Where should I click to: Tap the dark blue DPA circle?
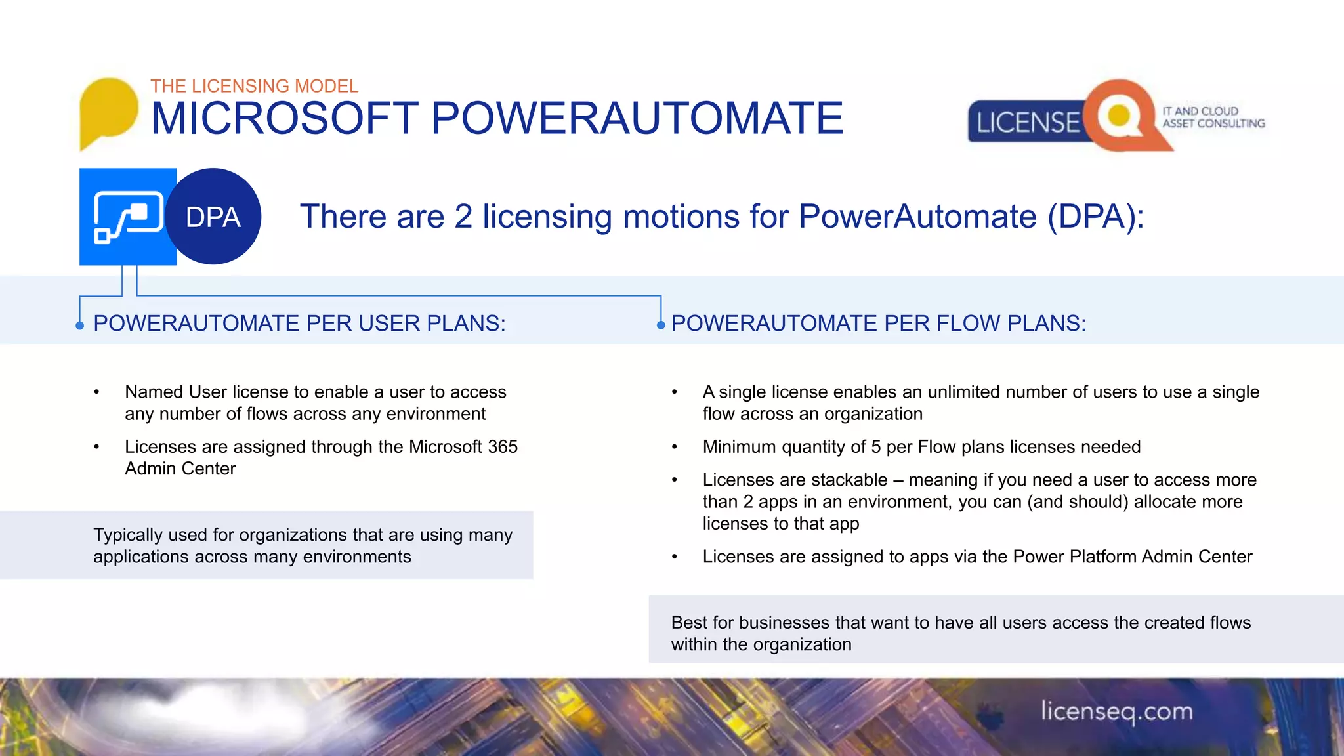pos(213,217)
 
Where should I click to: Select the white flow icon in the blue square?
pos(128,217)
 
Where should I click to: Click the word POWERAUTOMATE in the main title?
pos(637,119)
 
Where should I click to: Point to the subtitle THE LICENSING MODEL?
pos(254,86)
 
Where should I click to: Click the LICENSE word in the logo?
pos(1027,123)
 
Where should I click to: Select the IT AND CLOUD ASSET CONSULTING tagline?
pos(1213,117)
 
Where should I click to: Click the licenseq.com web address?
pos(1116,711)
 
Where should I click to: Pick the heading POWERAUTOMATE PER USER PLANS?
pos(299,324)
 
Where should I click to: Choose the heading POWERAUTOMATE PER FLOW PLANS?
pos(878,324)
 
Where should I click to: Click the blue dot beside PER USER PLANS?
pos(80,325)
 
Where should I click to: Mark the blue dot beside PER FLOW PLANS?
pos(661,325)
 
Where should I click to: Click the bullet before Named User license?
pos(96,392)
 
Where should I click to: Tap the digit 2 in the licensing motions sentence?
pos(463,217)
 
